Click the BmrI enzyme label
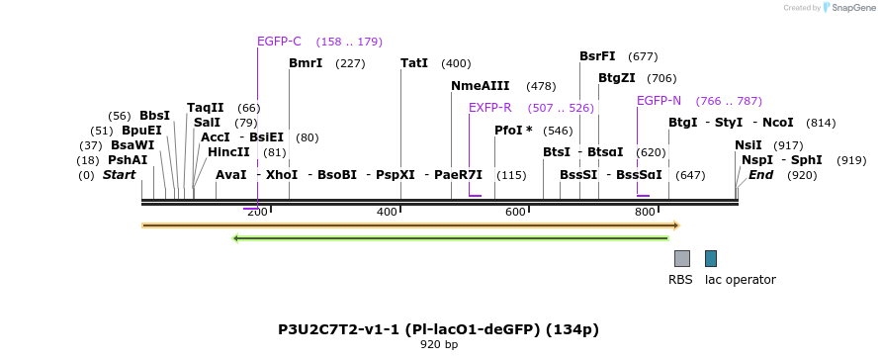[306, 63]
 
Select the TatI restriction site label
[414, 63]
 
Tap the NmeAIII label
[480, 86]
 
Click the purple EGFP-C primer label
[279, 42]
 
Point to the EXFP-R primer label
[489, 108]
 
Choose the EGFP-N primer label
[659, 101]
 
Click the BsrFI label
[597, 56]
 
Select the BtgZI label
[616, 78]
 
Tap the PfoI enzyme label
[513, 131]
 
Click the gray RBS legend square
[682, 258]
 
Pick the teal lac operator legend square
[711, 258]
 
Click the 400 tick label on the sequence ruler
[387, 213]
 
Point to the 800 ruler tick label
[645, 213]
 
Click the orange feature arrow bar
[410, 225]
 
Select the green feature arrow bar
[450, 237]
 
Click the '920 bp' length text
[439, 345]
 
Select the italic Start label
[119, 175]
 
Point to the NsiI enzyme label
[748, 145]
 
